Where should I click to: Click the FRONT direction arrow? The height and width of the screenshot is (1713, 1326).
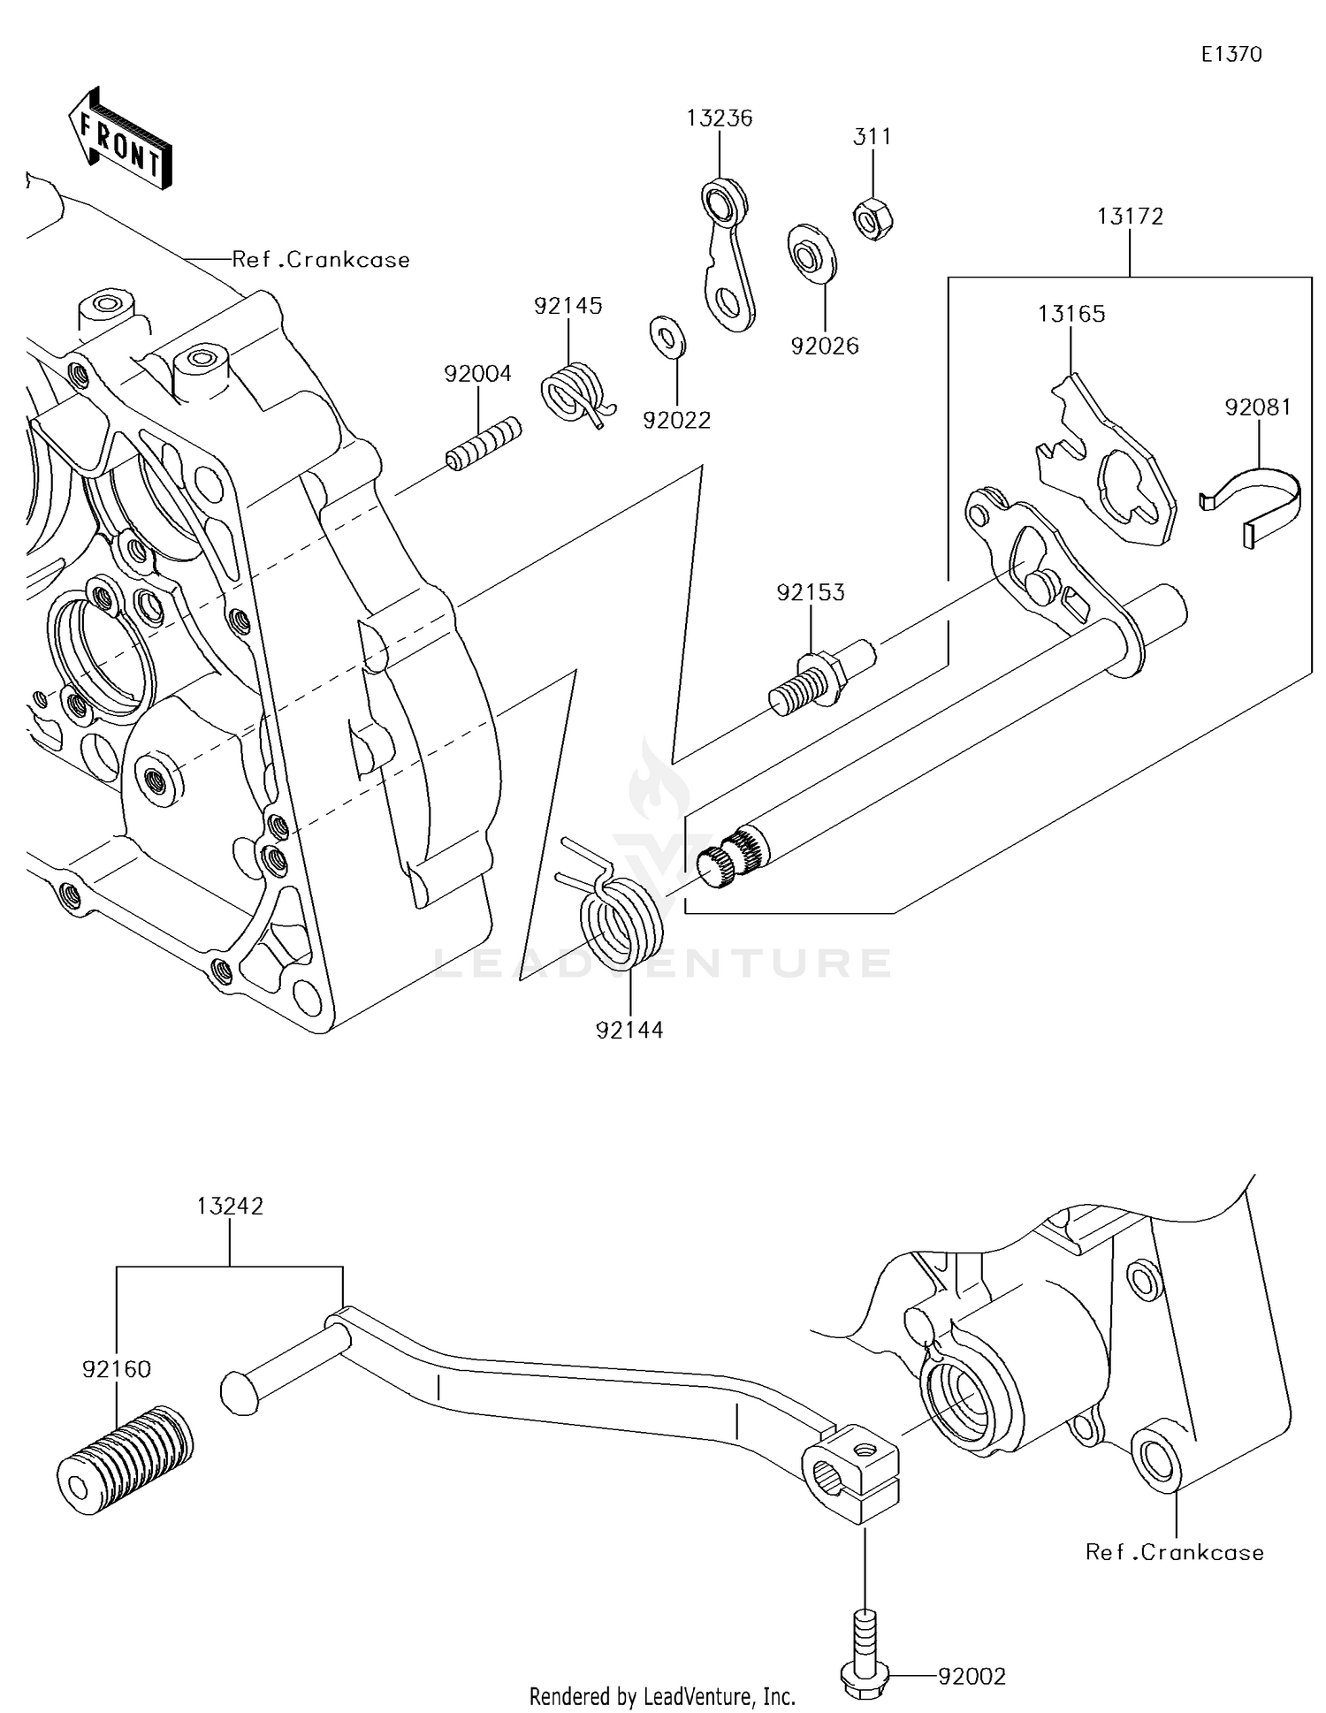click(x=119, y=140)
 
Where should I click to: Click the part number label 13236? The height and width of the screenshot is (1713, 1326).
click(x=720, y=118)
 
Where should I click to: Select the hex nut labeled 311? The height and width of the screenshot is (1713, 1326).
click(x=873, y=217)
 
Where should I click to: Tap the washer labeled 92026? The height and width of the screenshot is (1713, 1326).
click(x=812, y=255)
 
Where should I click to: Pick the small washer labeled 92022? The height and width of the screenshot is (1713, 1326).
click(x=667, y=336)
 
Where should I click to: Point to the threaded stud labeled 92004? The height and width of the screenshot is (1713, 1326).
click(x=483, y=445)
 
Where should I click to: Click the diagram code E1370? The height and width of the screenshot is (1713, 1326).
click(x=1231, y=54)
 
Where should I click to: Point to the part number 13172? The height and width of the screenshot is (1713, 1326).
click(x=1130, y=216)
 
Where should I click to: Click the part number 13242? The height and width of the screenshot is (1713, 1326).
click(x=230, y=1206)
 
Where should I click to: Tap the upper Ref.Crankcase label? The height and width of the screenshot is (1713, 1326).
click(x=321, y=260)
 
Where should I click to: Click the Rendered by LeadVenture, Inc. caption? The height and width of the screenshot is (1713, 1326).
click(x=661, y=1695)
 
